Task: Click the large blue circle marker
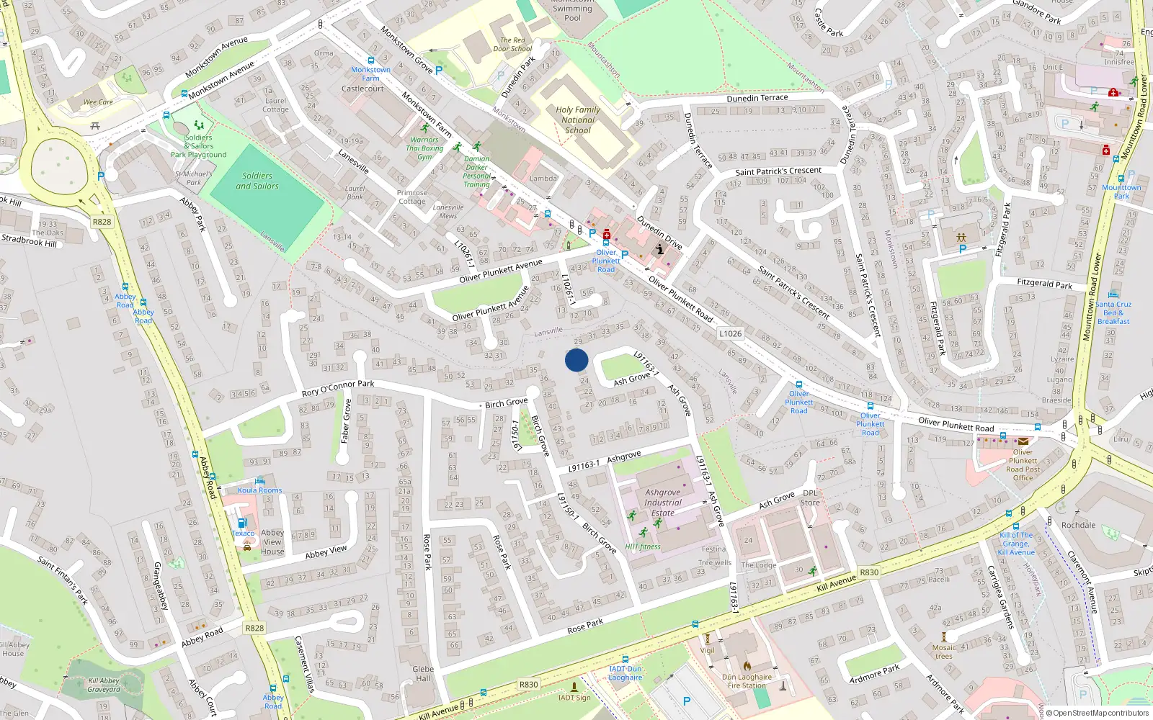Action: click(x=576, y=360)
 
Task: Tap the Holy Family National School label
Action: click(x=578, y=120)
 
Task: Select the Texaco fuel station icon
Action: click(x=242, y=523)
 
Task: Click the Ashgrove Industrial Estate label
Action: click(x=663, y=503)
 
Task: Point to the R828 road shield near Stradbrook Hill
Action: click(x=102, y=222)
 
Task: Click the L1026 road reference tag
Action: click(x=730, y=333)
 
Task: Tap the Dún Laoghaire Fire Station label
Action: click(x=747, y=681)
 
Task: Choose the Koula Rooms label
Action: click(x=260, y=490)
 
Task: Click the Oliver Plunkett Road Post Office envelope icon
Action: click(x=1023, y=441)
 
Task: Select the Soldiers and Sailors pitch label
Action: click(x=257, y=181)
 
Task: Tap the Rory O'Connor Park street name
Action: click(x=338, y=389)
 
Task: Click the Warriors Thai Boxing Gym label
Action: click(x=424, y=148)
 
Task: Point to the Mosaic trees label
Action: click(x=944, y=652)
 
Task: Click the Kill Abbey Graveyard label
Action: click(x=104, y=685)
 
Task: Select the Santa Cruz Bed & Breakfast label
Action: click(x=1113, y=312)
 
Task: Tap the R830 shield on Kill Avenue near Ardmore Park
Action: click(x=869, y=572)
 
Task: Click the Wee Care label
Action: click(x=98, y=102)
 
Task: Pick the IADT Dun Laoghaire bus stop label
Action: click(x=625, y=673)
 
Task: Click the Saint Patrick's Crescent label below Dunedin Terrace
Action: click(x=778, y=171)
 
